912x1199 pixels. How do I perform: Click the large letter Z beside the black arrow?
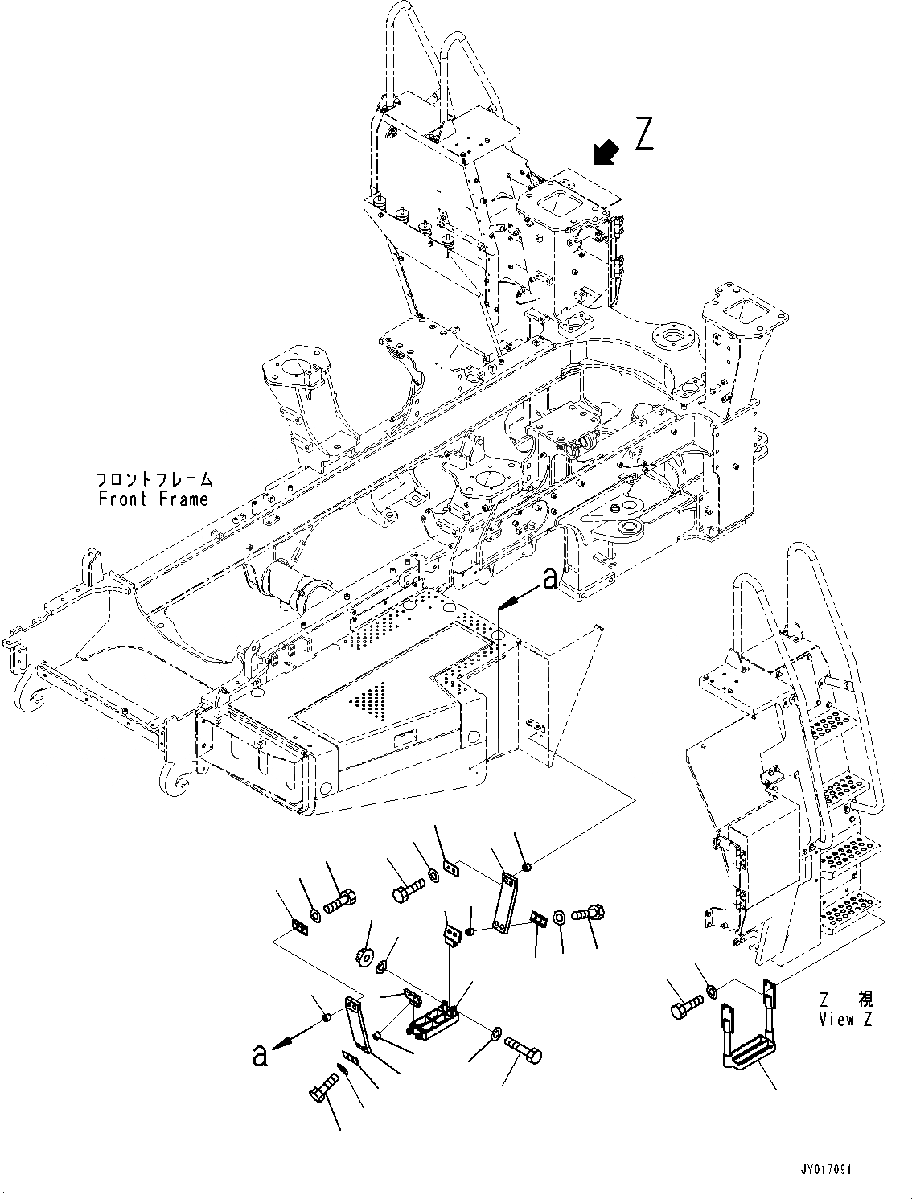click(x=644, y=133)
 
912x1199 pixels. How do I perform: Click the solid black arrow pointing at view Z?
click(x=606, y=153)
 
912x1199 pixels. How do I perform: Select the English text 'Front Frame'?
click(x=154, y=499)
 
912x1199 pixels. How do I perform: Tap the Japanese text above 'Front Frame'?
click(x=154, y=479)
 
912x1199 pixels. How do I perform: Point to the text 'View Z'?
click(x=845, y=1020)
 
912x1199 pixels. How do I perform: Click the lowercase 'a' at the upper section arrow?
click(x=550, y=578)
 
